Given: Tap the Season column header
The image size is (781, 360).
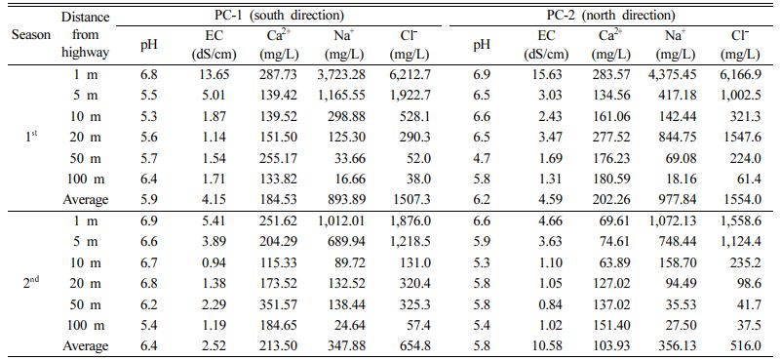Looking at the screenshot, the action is (x=31, y=35).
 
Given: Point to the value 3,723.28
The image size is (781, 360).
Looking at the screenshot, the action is (x=341, y=75).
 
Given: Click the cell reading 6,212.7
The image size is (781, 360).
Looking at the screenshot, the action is (x=410, y=75).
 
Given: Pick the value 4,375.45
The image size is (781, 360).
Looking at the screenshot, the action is (x=673, y=75).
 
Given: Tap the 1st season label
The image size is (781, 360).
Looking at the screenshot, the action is (x=31, y=137).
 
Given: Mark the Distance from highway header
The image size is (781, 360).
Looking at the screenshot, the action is (x=85, y=35).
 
